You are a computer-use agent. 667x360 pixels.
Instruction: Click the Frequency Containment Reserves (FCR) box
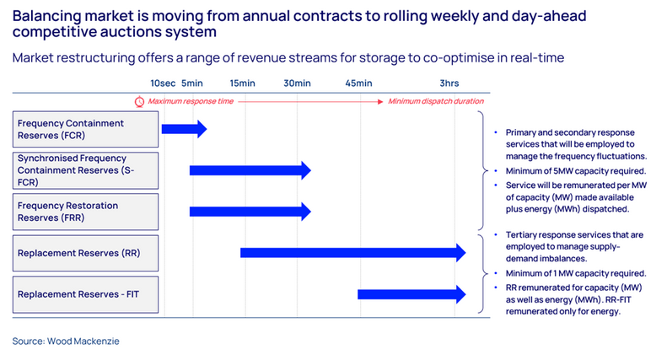(x=86, y=129)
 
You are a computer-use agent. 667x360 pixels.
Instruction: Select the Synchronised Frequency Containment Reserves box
(x=86, y=170)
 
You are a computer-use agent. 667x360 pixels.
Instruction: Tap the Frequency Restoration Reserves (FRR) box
(x=86, y=212)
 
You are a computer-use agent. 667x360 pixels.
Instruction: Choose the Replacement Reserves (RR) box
(x=86, y=253)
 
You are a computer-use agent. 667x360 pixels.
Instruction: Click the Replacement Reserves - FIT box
(x=86, y=294)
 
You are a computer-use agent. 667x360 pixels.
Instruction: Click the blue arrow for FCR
(x=183, y=129)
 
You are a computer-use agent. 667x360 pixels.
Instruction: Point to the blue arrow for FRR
(x=250, y=212)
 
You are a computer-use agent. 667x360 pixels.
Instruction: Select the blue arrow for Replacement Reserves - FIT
(x=411, y=294)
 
